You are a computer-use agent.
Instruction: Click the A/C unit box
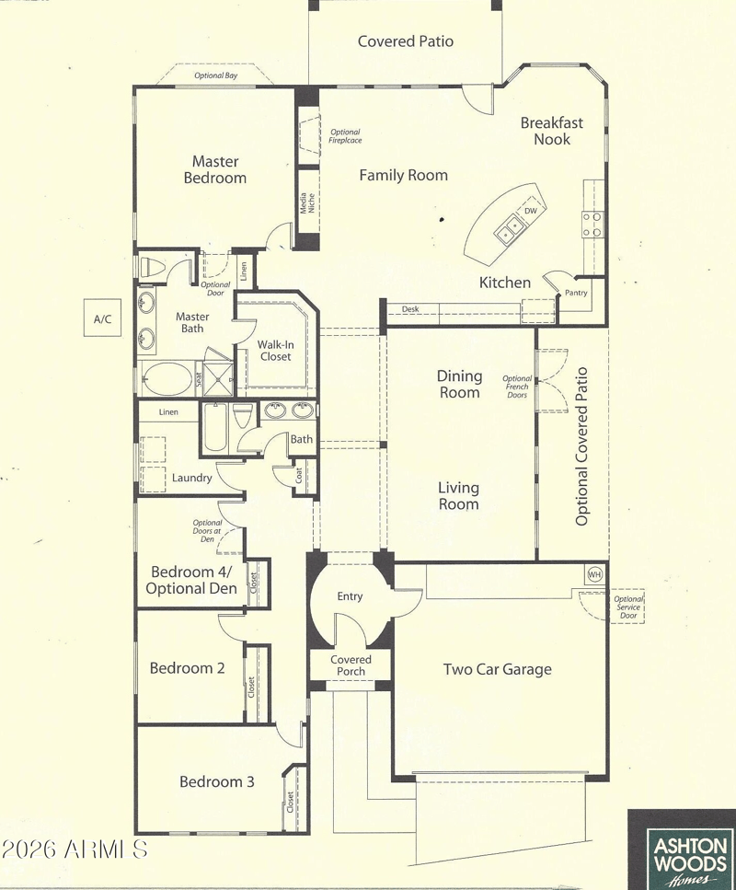[102, 318]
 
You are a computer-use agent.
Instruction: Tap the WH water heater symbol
[594, 575]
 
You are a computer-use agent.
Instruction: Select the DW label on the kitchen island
[531, 211]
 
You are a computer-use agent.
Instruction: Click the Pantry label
[576, 293]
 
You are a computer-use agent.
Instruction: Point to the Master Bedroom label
[215, 169]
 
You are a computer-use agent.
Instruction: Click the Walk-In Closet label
[276, 351]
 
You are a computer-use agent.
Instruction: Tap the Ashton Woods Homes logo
[681, 850]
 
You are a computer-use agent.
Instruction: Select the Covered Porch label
[351, 665]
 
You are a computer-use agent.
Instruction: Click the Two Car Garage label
[498, 669]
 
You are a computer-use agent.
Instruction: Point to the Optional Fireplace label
[345, 136]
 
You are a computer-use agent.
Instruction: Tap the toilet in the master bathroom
[153, 267]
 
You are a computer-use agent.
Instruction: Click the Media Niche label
[307, 203]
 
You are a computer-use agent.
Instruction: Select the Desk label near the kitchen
[410, 309]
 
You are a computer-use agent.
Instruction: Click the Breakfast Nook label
[552, 131]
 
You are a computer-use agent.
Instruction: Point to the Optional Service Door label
[628, 607]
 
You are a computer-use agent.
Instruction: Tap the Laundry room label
[191, 478]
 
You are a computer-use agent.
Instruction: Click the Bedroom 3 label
[217, 781]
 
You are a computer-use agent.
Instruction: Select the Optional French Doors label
[517, 387]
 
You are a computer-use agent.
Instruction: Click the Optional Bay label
[215, 75]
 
